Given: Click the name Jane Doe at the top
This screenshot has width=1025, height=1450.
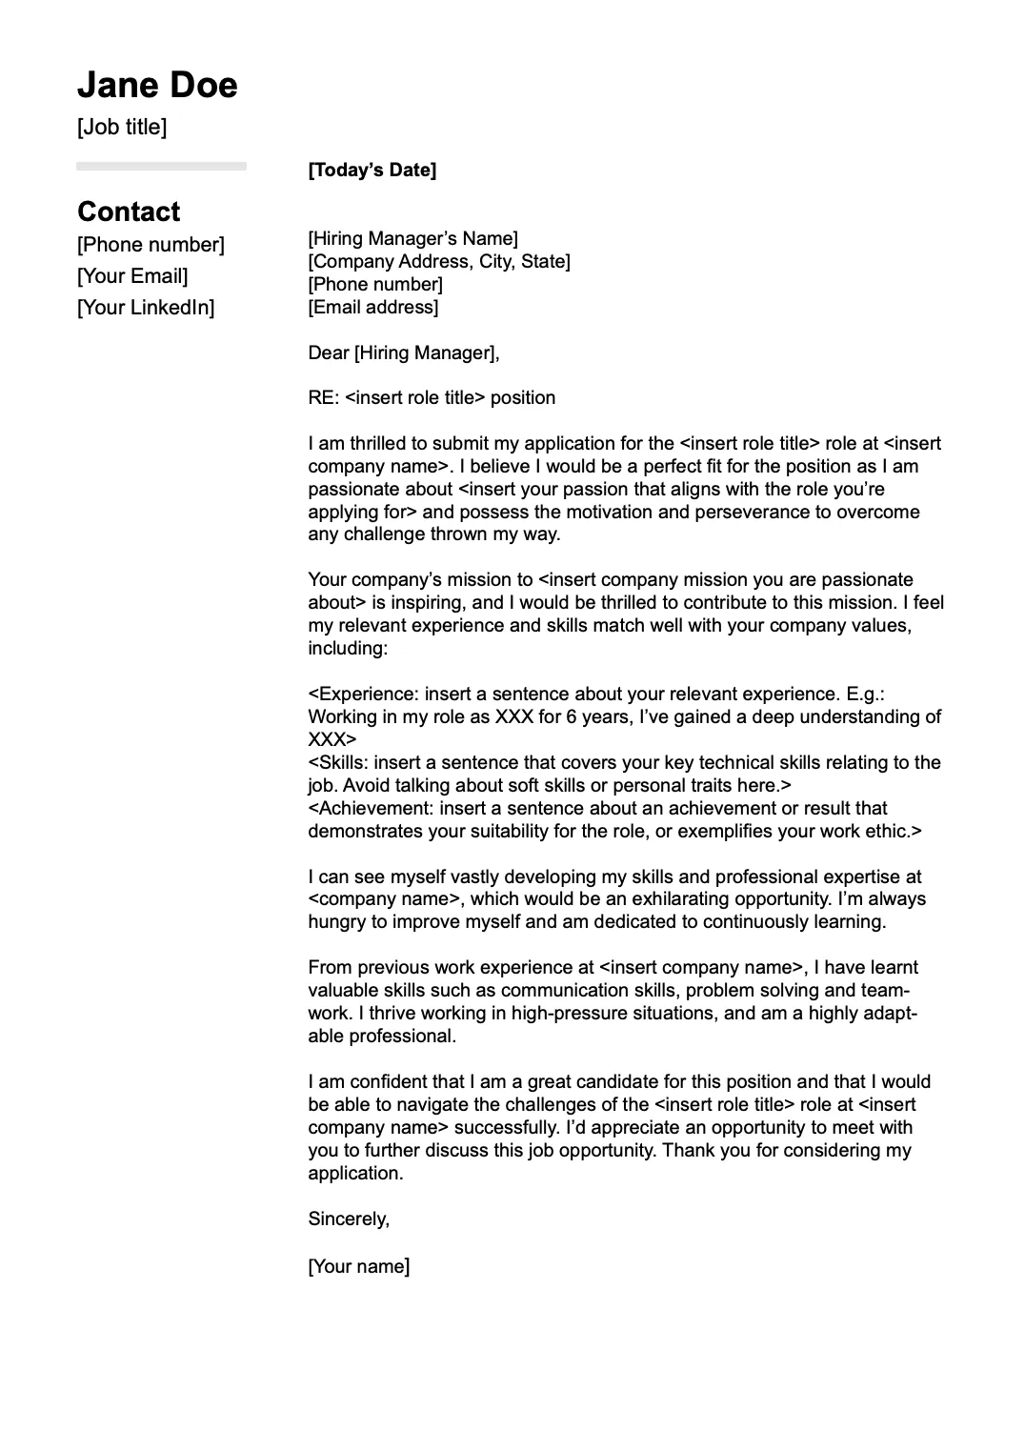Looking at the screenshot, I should click(x=157, y=86).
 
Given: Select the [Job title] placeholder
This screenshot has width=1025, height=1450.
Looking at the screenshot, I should click(x=122, y=127).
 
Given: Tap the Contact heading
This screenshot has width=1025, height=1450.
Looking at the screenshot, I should click(x=129, y=211).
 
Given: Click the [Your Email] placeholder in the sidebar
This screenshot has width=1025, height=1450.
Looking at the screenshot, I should click(x=132, y=276).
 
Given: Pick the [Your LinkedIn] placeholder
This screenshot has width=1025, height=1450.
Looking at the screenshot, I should click(x=146, y=308).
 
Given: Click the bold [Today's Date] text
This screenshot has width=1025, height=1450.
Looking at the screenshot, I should click(x=372, y=171).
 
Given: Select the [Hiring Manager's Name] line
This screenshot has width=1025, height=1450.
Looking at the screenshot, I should click(x=412, y=239).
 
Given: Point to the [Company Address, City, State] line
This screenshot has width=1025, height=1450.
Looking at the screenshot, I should click(x=439, y=262).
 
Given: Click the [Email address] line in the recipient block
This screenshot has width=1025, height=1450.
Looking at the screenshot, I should click(x=373, y=308).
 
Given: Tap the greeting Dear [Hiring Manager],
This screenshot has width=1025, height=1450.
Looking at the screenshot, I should click(x=404, y=353).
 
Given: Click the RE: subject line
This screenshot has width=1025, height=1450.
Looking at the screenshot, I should click(x=432, y=398).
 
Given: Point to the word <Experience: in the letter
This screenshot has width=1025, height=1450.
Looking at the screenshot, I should click(x=364, y=695).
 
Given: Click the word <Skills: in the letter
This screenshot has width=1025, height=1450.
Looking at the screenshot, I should click(x=340, y=763).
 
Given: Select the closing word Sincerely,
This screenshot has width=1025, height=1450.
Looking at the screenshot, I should click(x=349, y=1218).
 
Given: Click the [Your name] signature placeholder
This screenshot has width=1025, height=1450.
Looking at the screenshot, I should click(x=359, y=1267).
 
